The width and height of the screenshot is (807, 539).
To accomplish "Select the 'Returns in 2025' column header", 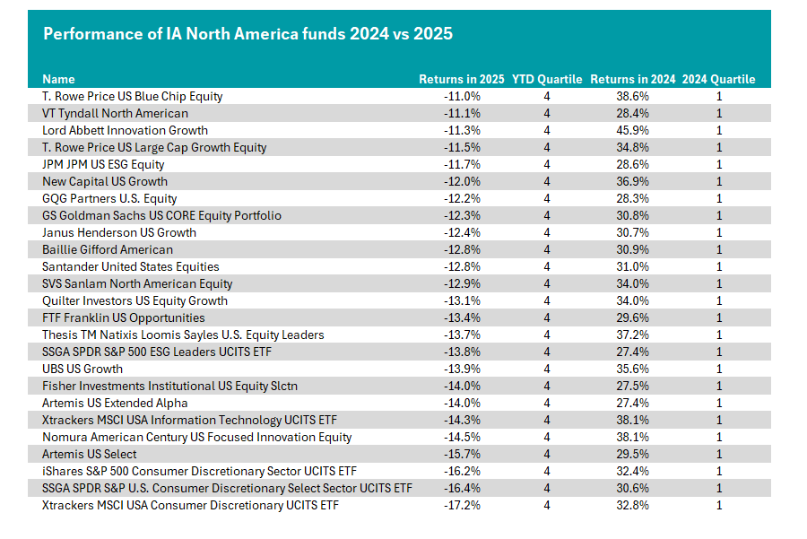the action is point(462,79).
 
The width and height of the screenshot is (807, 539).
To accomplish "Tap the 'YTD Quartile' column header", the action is point(547,79).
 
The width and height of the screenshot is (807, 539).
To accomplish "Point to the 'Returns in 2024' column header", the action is point(633,79).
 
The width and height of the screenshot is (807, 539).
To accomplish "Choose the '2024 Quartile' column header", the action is point(719,79).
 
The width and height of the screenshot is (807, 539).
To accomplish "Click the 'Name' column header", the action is point(58,79).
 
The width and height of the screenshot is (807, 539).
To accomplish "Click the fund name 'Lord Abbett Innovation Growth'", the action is point(125,130).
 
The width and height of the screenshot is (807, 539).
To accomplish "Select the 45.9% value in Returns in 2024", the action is point(632,130).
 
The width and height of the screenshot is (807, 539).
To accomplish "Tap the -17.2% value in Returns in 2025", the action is point(462,505).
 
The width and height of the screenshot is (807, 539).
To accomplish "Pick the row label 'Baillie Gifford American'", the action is point(108,249).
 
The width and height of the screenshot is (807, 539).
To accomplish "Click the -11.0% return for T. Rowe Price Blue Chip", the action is point(462,96).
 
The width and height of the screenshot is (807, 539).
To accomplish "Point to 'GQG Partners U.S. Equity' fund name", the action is point(109,199).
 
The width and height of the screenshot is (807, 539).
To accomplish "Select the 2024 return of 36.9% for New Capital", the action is point(632,181).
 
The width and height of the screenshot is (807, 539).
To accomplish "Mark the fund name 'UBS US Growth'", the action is point(82,369).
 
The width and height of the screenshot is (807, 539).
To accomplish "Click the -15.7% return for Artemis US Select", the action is point(462,454).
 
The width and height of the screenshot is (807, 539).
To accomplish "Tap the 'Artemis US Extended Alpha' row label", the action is point(115,403).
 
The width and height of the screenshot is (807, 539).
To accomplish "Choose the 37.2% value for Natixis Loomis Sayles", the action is point(632,335).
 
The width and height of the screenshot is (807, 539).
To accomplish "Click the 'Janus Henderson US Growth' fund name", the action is point(119,232).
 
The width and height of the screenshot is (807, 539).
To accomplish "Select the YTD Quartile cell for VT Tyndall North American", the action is point(547,113).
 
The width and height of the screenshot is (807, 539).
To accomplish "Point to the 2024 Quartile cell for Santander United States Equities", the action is point(719,266).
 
